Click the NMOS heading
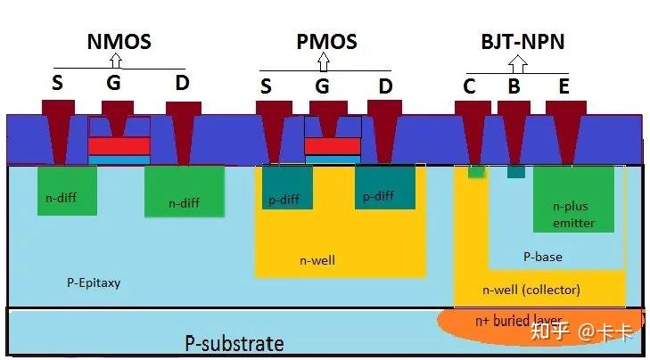(119, 41)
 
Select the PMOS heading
(326, 41)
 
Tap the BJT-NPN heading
(522, 42)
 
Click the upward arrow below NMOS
(115, 61)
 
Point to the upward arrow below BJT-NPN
(517, 64)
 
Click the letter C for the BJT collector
(470, 86)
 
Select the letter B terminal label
(514, 86)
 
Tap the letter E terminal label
(564, 86)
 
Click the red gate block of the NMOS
(119, 145)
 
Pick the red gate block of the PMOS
(333, 145)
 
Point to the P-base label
(542, 257)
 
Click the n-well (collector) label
(531, 290)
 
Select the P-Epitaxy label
(94, 283)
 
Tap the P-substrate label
(234, 343)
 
